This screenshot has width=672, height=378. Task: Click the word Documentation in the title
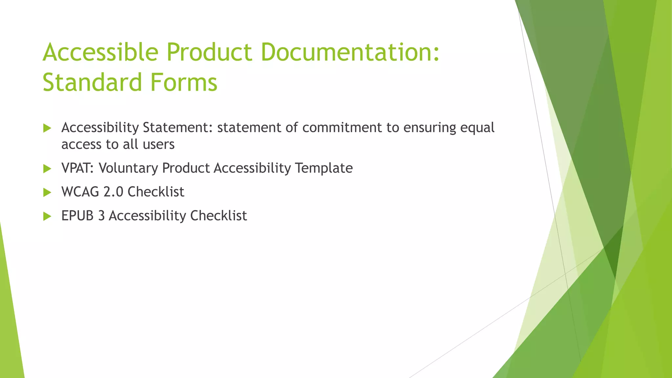click(x=350, y=52)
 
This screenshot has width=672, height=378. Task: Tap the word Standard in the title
click(x=92, y=82)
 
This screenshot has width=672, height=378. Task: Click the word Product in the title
click(x=209, y=52)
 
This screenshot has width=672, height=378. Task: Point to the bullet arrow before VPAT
click(x=47, y=169)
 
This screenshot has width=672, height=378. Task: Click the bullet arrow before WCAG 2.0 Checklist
click(x=47, y=192)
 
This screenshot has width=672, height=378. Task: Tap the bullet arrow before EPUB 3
click(x=47, y=216)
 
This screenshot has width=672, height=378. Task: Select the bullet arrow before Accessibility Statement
click(x=47, y=128)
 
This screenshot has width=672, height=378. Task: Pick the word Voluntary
click(x=128, y=168)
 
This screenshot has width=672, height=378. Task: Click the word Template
click(x=324, y=168)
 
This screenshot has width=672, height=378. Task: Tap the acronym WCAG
click(x=80, y=192)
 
